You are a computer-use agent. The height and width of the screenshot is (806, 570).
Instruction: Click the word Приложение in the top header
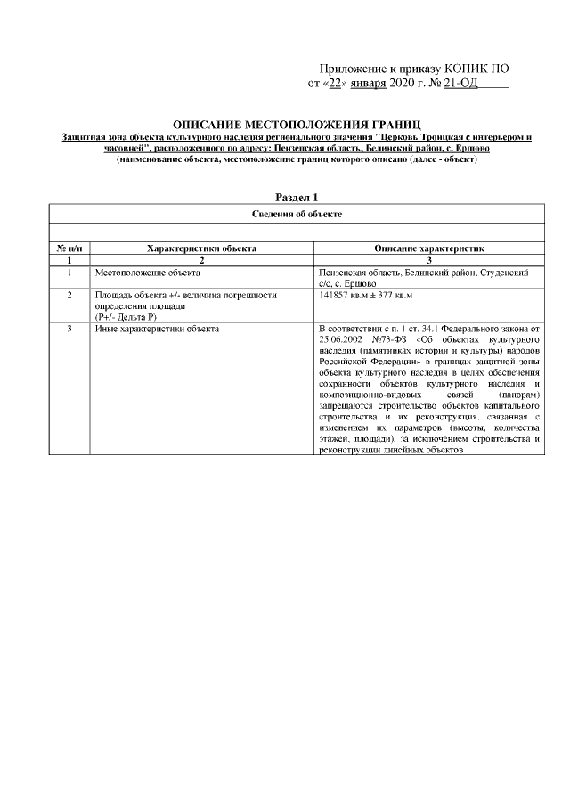pos(354,69)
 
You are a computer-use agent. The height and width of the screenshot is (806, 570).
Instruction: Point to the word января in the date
pos(369,85)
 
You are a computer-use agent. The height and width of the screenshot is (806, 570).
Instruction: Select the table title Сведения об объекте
pos(297,214)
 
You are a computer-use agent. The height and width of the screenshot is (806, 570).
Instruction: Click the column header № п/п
pos(69,249)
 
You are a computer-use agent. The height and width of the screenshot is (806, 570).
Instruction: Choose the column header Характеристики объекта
pos(202,249)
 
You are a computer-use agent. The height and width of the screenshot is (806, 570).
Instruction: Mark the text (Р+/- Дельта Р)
pos(125,316)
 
